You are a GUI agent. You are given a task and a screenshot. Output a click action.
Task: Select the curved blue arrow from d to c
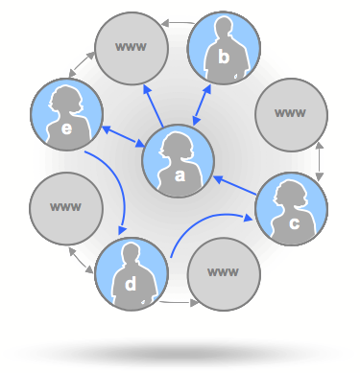click(x=205, y=226)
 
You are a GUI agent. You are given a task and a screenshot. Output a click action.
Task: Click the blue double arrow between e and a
click(x=122, y=136)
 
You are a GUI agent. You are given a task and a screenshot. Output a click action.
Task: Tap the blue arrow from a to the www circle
click(x=155, y=105)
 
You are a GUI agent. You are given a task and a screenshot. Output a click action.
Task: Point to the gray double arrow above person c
click(x=321, y=159)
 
